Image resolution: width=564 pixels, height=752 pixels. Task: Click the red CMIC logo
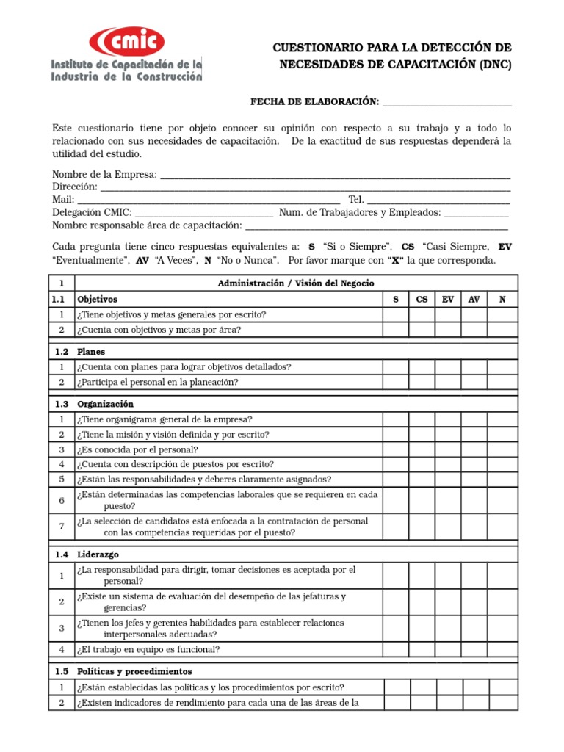126,41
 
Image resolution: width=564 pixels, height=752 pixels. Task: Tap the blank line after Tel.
438,200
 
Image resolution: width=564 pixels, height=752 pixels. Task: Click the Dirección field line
305,187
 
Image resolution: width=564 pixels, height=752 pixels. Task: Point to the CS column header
422,300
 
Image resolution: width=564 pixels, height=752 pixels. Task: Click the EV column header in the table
447,300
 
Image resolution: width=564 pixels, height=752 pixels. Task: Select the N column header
502,300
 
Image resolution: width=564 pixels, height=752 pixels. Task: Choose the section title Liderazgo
98,554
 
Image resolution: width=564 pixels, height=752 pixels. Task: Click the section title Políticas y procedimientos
134,671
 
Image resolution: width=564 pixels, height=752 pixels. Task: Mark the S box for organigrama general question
396,419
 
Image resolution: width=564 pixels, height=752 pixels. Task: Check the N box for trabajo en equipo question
502,649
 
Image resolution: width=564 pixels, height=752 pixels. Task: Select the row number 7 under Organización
62,527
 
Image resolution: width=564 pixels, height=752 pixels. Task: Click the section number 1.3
62,404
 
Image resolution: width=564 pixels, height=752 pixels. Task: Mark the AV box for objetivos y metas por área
474,330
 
